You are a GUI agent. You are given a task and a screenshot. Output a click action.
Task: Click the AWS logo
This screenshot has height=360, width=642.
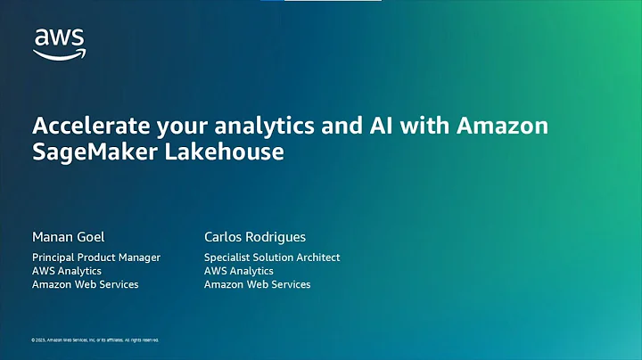click(x=59, y=42)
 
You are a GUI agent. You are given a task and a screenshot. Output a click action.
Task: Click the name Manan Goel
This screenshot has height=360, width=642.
click(x=67, y=237)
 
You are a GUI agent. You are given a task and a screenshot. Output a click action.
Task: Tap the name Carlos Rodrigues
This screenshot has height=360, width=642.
click(x=255, y=237)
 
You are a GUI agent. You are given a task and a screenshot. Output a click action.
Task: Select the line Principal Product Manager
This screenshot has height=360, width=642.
click(x=96, y=258)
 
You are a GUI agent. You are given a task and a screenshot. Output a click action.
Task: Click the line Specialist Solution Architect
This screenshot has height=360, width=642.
click(x=272, y=258)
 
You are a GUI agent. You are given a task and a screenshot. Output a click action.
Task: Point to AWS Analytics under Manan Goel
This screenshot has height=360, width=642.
click(x=67, y=271)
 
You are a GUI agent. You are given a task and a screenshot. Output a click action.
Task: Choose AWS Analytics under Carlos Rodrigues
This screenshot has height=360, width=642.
click(x=239, y=271)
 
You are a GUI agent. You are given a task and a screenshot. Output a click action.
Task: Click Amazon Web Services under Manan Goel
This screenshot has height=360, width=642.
click(x=85, y=284)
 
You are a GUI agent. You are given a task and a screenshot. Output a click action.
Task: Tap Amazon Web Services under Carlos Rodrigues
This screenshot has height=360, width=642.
click(x=258, y=284)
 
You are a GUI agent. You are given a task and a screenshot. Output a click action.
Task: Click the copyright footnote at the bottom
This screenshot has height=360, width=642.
click(x=95, y=340)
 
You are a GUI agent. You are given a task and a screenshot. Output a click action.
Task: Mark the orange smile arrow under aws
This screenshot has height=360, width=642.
click(x=59, y=53)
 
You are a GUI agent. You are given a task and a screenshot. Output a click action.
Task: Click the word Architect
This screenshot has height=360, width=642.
click(x=318, y=258)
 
